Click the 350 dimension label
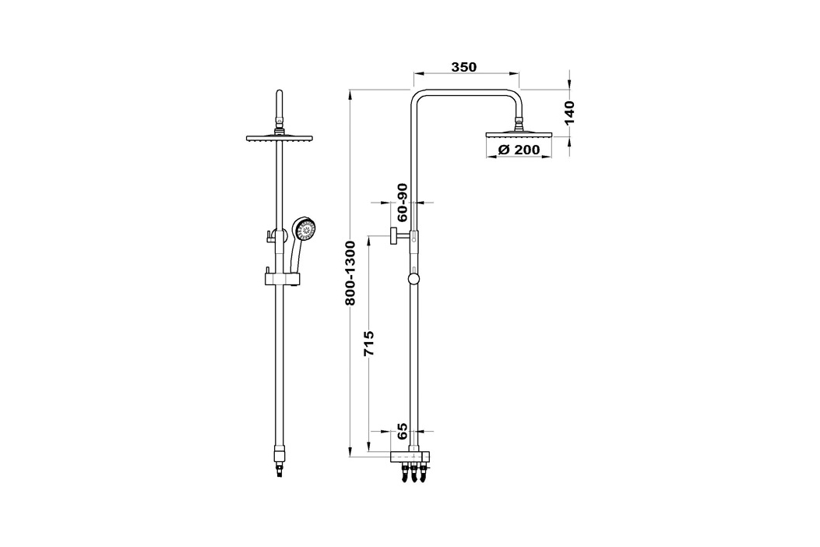464,67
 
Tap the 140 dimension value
569,112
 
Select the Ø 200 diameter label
519,149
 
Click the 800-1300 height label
350,273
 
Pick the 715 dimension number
369,343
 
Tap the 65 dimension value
402,432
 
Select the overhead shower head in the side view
519,135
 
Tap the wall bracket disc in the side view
392,236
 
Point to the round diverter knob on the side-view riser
414,278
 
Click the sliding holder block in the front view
282,279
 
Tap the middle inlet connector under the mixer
414,473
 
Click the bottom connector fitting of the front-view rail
280,459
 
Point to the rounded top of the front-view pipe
280,95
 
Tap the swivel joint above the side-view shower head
519,124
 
